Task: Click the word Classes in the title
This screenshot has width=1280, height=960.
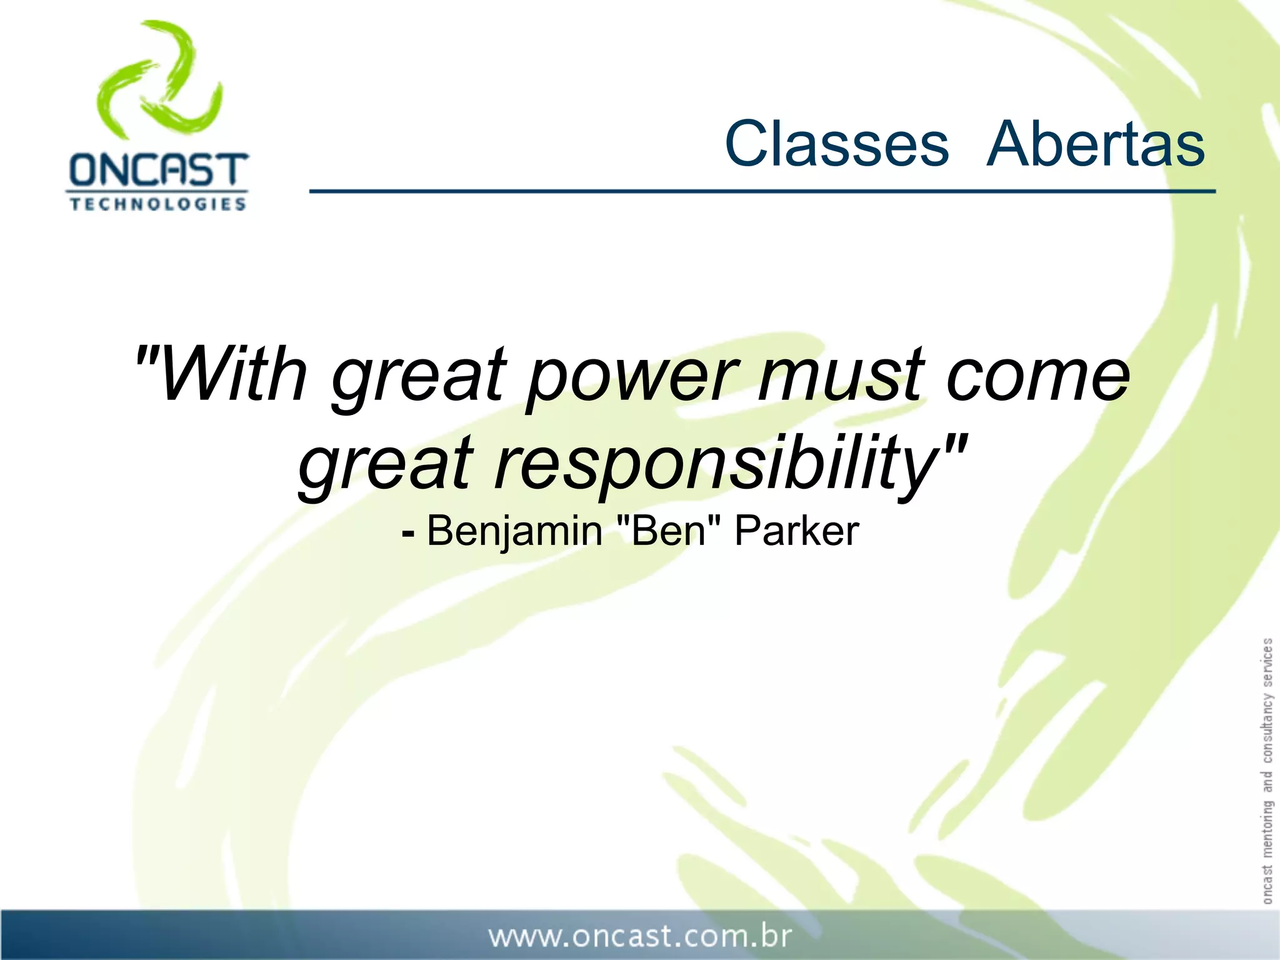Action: pyautogui.click(x=836, y=144)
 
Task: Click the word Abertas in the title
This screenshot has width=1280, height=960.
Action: pyautogui.click(x=1095, y=144)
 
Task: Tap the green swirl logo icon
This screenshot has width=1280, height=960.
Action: pyautogui.click(x=160, y=80)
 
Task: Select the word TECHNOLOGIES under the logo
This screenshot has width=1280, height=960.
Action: pyautogui.click(x=157, y=204)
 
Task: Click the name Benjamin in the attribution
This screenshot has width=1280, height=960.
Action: pyautogui.click(x=514, y=532)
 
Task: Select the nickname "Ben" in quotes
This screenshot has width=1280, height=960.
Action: pyautogui.click(x=668, y=531)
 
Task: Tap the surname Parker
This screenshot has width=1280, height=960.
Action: pyautogui.click(x=796, y=531)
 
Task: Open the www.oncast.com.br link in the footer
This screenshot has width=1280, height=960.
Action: pyautogui.click(x=640, y=936)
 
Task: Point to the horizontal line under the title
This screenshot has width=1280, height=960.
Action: pyautogui.click(x=762, y=191)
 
